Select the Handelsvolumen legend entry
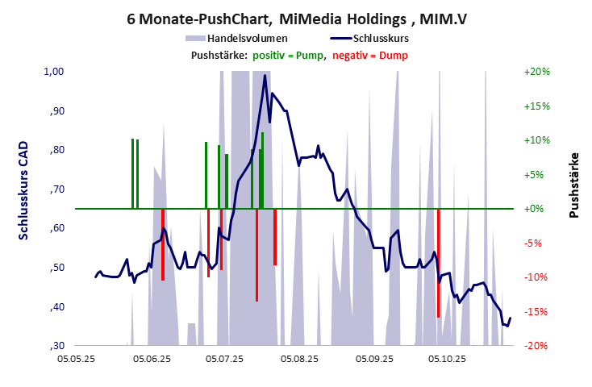point(247,38)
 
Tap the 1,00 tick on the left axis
point(53,72)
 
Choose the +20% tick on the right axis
point(536,72)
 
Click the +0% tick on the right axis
point(536,209)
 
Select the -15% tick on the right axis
point(536,311)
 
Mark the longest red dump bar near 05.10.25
point(438,266)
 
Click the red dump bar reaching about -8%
point(275,237)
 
